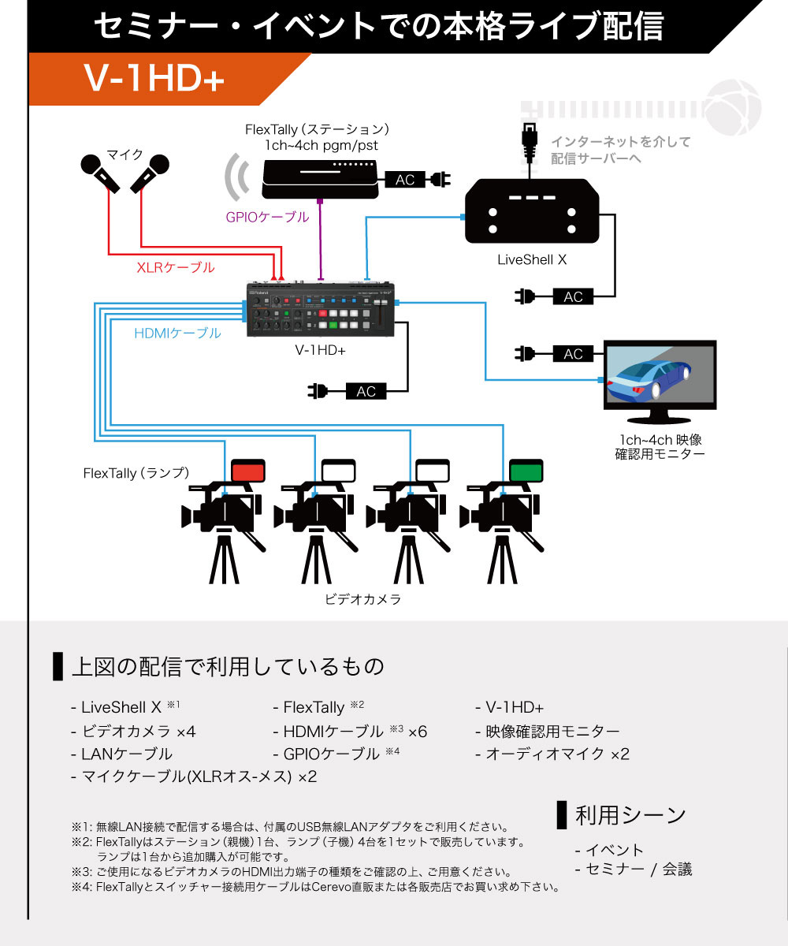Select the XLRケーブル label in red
pyautogui.click(x=175, y=267)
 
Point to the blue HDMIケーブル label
pyautogui.click(x=177, y=333)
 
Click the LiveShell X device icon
pyautogui.click(x=532, y=211)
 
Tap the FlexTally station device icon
pyautogui.click(x=320, y=178)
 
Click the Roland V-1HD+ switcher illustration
pyautogui.click(x=323, y=309)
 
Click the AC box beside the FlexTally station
pyautogui.click(x=405, y=181)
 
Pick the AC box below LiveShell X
pyautogui.click(x=574, y=296)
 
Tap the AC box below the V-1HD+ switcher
pyautogui.click(x=366, y=391)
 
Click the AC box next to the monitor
pyautogui.click(x=574, y=354)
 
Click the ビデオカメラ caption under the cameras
pyautogui.click(x=363, y=599)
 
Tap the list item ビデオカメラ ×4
pyautogui.click(x=133, y=732)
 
